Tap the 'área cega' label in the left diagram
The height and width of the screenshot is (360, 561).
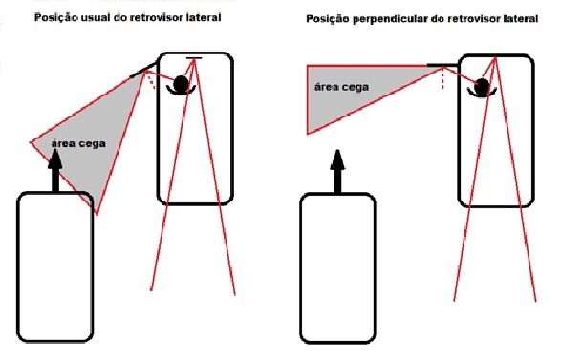pos(78,144)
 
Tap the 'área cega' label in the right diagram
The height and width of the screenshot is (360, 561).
pos(341,87)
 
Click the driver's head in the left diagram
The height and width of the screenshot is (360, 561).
pos(181,84)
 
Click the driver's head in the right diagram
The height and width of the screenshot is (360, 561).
pos(482,87)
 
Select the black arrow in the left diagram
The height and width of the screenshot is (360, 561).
pos(55,171)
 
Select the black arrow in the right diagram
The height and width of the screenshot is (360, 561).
pos(337,172)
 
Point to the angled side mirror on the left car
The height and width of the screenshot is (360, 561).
pos(143,70)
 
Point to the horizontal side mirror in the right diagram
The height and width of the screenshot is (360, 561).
pos(442,66)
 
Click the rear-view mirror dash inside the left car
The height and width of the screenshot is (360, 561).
pos(194,58)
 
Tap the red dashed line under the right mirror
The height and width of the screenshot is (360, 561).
pos(443,78)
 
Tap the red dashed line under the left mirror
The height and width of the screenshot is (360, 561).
pos(151,80)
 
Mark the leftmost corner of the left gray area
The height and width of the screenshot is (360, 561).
pos(31,143)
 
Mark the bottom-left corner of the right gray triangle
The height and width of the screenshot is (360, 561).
pos(308,134)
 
